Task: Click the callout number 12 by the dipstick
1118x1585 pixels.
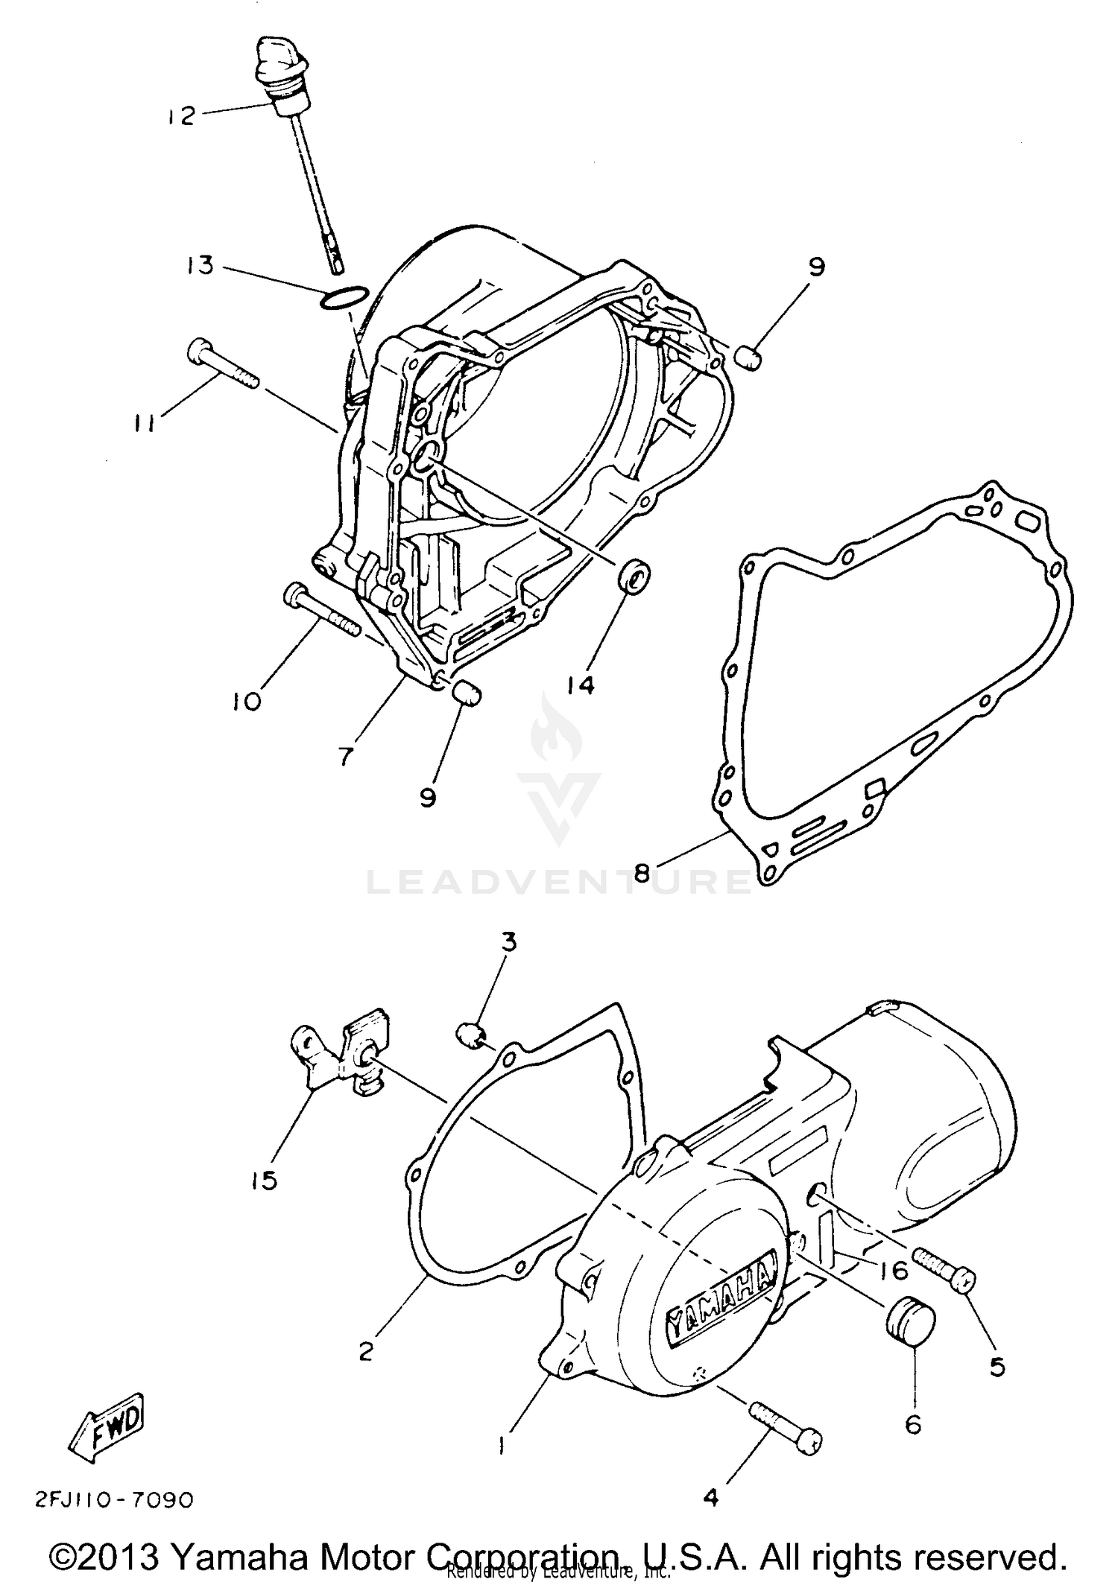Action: pos(181,116)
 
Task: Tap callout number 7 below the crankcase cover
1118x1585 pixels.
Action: pos(344,757)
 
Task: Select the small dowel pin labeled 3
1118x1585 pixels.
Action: pos(470,1034)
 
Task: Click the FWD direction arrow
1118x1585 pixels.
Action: pos(104,1426)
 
